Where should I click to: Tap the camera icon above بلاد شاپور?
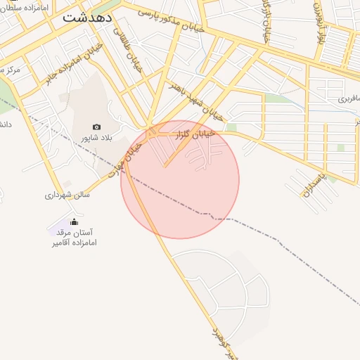(x=96, y=127)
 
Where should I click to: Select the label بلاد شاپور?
(x=96, y=137)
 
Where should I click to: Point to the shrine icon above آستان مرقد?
(x=75, y=222)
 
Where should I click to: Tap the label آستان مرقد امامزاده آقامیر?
(x=73, y=237)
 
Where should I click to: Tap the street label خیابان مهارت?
(x=129, y=156)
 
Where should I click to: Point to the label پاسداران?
(x=310, y=182)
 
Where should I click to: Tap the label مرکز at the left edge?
(x=8, y=70)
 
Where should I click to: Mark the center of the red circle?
(x=180, y=179)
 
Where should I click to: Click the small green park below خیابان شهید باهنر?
(x=231, y=127)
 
